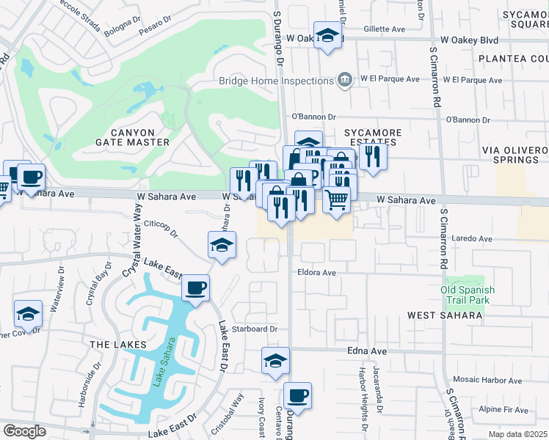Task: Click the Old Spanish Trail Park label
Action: (468, 295)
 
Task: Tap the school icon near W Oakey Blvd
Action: (328, 36)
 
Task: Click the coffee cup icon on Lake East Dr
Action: (195, 287)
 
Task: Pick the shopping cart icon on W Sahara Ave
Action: (336, 198)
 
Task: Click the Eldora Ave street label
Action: (316, 272)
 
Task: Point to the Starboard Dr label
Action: (255, 329)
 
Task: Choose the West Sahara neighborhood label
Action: (445, 315)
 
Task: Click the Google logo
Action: (24, 430)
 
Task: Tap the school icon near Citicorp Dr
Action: (222, 246)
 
